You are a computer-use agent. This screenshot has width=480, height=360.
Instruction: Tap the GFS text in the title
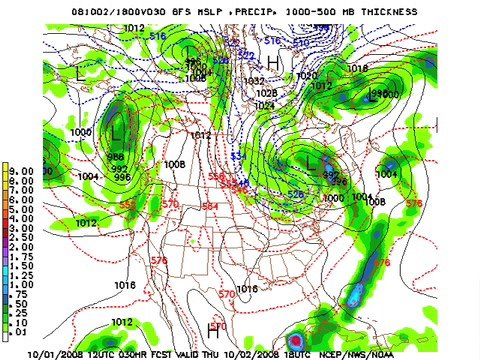pos(176,11)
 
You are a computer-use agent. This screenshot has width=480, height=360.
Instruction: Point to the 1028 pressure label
pos(265,93)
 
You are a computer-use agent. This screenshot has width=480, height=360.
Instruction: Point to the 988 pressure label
pos(117,157)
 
